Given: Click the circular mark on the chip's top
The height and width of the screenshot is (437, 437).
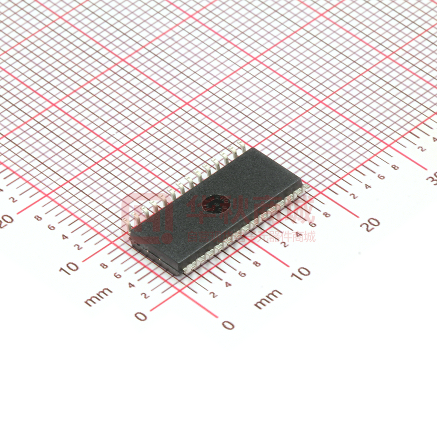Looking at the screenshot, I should (x=214, y=203).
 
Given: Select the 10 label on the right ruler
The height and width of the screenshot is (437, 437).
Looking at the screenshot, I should (x=302, y=272).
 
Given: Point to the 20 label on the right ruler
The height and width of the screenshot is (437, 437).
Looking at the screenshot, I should (x=372, y=224).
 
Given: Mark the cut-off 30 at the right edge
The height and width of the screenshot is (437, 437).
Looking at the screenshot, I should (x=431, y=179).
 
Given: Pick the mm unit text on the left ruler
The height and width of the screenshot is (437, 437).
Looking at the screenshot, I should (x=99, y=296).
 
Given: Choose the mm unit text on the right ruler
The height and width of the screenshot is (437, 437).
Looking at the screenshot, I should (x=268, y=298).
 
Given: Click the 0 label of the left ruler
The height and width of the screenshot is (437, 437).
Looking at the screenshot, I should (x=141, y=317).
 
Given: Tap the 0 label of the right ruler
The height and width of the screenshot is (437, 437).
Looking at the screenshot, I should (x=228, y=325).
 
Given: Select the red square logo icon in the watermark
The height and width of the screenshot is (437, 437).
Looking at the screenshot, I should (x=146, y=218).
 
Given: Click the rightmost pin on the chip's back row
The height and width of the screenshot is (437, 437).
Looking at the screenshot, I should (x=239, y=146).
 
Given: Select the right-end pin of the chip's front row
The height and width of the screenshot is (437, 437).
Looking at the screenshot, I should (x=306, y=188).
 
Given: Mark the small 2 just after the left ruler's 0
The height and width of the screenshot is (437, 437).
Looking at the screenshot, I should (x=144, y=295).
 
